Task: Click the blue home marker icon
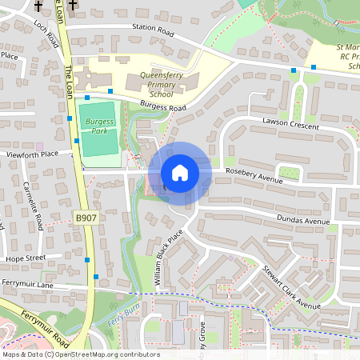click(x=180, y=173)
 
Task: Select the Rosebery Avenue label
click(x=254, y=178)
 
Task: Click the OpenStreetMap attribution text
click(x=81, y=354)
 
